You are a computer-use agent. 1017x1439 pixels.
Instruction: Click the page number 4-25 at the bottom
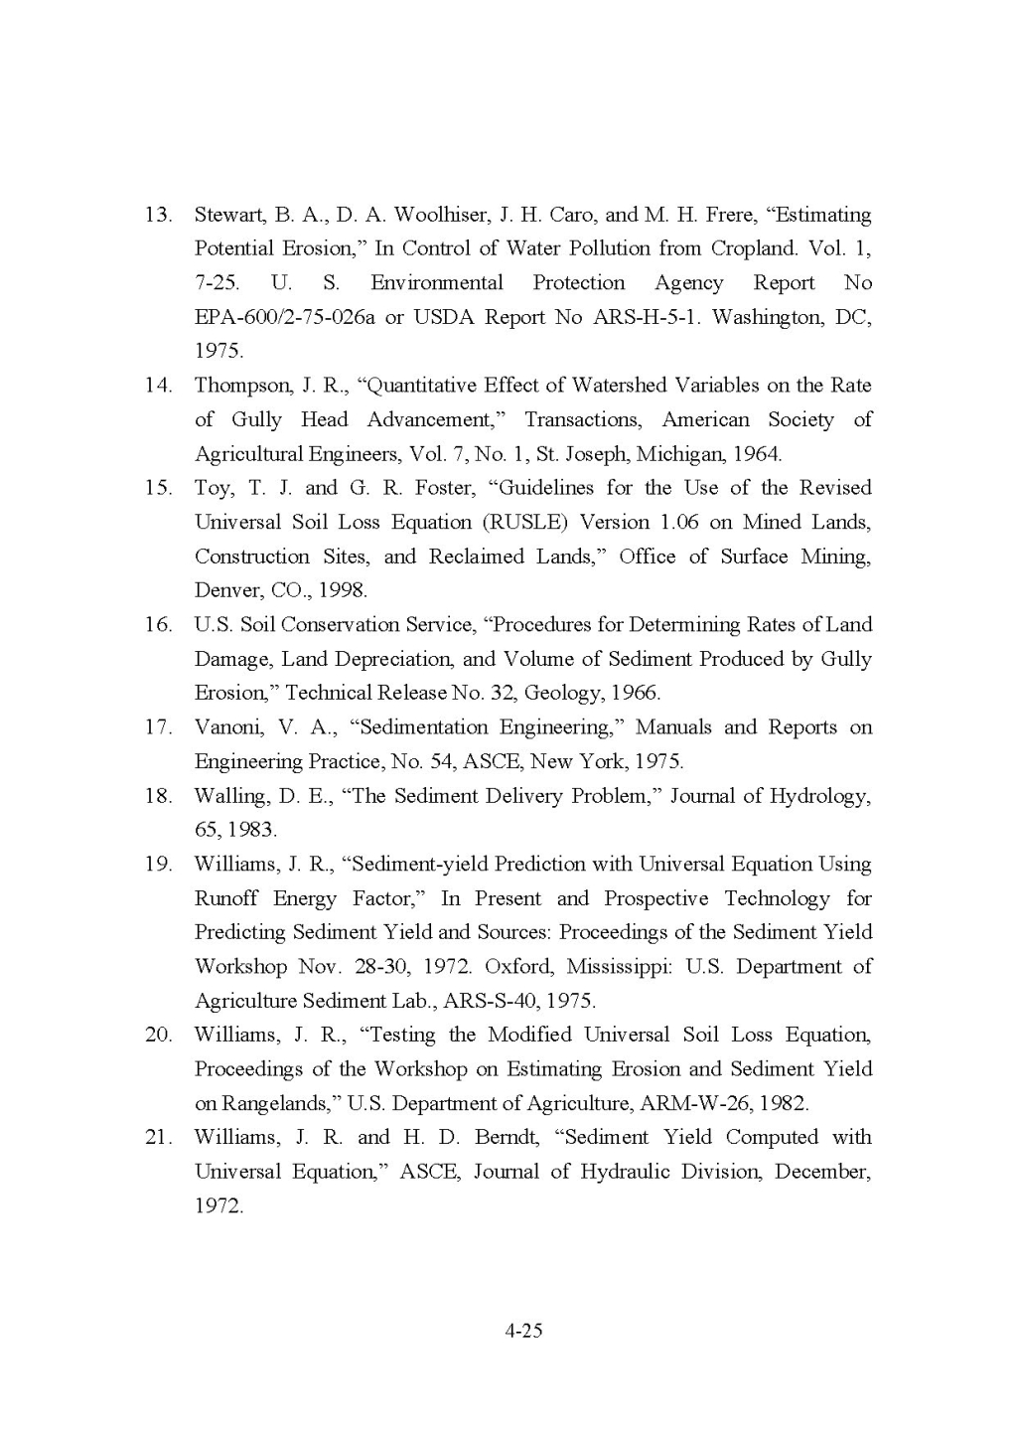click(x=523, y=1330)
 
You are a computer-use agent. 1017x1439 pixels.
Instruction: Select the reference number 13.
click(x=159, y=215)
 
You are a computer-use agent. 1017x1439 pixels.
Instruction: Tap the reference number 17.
click(x=159, y=727)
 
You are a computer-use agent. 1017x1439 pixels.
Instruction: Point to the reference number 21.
click(x=159, y=1137)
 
